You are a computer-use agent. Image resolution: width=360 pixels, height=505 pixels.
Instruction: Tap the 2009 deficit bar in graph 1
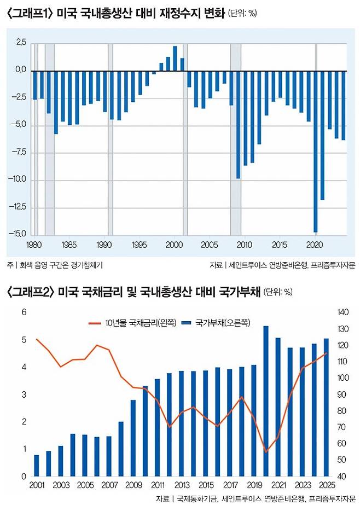pos(238,124)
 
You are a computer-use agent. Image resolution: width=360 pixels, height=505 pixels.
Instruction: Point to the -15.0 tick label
pos(18,234)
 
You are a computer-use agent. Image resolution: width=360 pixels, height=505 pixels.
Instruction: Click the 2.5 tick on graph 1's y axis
pos(20,42)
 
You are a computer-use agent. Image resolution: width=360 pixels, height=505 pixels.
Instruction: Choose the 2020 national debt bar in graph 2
pos(266,401)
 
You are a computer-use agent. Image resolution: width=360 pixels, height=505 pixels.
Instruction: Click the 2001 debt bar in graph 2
pos(37,466)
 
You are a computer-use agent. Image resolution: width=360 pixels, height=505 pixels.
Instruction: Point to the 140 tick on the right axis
pos(343,312)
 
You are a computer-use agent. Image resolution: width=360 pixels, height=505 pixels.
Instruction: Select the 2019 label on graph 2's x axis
pos(254,486)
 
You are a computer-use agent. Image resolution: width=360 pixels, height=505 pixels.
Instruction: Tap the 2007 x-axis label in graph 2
pos(109,486)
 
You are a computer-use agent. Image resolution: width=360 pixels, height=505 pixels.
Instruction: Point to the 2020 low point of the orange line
pos(266,452)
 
